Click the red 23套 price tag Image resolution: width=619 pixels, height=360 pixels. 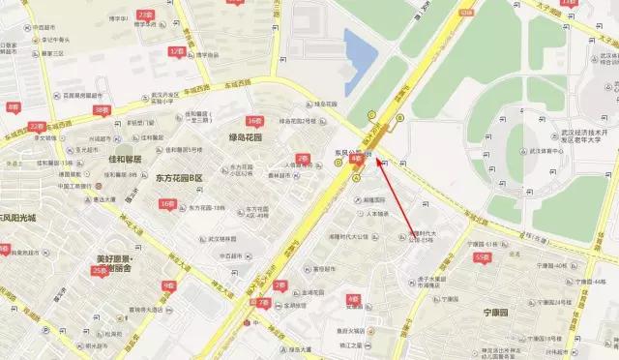coord(146,15)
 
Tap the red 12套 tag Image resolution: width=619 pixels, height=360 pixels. coord(176,50)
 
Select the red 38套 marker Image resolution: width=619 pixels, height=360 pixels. coord(102,110)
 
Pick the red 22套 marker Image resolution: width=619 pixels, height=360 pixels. coord(36,126)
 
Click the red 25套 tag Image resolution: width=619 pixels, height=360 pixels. coord(99,271)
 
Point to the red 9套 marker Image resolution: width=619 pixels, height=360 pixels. coord(169,285)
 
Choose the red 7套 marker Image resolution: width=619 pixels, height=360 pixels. coord(263,303)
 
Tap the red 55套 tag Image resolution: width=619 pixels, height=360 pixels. coord(481,258)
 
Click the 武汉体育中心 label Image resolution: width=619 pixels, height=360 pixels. coord(548,151)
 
